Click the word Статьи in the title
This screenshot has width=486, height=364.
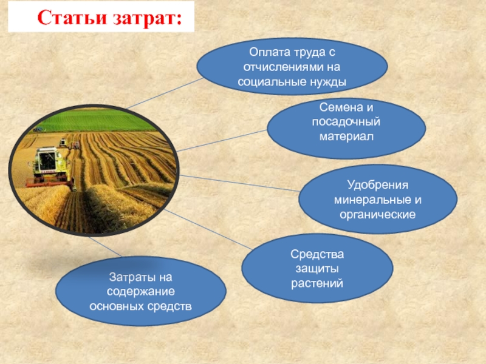pos(72,18)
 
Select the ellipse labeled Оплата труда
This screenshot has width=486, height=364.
pos(292,66)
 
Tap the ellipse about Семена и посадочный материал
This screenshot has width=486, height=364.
pos(346,128)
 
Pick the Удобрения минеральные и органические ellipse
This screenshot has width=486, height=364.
pos(377,199)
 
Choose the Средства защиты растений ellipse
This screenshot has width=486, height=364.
pos(317,268)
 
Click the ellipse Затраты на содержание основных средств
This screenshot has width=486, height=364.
pos(141,291)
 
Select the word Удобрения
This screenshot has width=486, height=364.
pos(377,185)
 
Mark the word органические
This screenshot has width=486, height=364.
pos(377,215)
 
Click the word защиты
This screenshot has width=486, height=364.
pos(317,268)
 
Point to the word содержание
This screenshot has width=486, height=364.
pos(141,292)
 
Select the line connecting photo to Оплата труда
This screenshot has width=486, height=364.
pos(165,93)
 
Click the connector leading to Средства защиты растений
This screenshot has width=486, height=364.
pos(208,229)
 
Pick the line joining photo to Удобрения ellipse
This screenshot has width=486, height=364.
pos(239,183)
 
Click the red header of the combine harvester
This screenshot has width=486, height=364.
pos(50,184)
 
